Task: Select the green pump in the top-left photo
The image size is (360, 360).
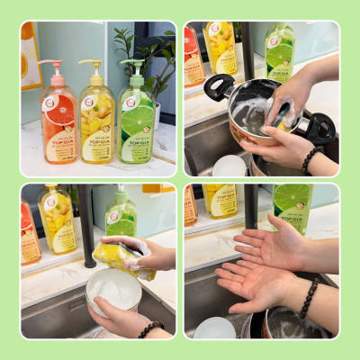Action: (x=133, y=66)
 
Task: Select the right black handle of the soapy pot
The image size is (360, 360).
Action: (x=318, y=127)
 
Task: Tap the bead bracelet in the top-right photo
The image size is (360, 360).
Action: (x=310, y=160)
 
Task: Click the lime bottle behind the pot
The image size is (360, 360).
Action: (x=279, y=54)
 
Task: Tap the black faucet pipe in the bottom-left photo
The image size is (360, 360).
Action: (x=87, y=225)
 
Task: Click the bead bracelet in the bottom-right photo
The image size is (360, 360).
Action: (x=308, y=299)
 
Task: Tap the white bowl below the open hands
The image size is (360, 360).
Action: (x=214, y=328)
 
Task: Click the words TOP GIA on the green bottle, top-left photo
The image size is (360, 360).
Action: (x=137, y=143)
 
